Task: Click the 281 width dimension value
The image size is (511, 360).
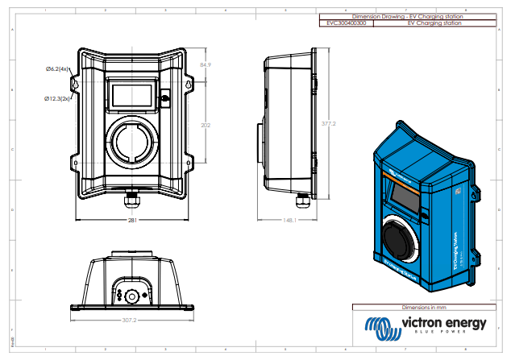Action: pyautogui.click(x=133, y=220)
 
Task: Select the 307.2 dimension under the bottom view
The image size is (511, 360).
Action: pyautogui.click(x=133, y=320)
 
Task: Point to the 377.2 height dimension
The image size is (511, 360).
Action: pyautogui.click(x=328, y=124)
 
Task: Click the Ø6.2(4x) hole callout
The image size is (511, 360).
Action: pyautogui.click(x=58, y=70)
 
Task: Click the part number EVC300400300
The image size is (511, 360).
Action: pyautogui.click(x=347, y=24)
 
